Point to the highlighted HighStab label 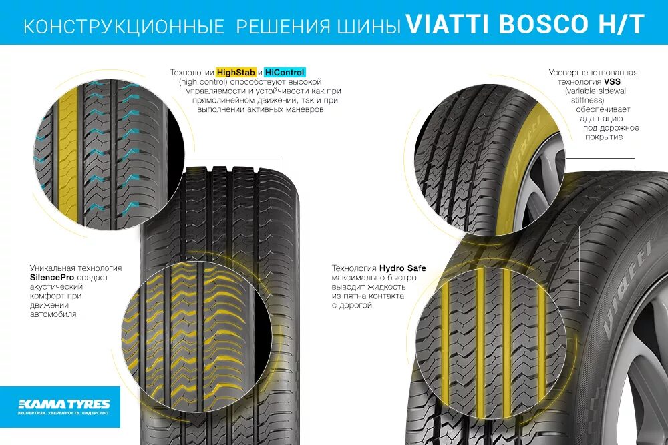[235, 72]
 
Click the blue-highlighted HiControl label [285, 72]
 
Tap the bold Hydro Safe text [403, 268]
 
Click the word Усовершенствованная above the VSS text [593, 72]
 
